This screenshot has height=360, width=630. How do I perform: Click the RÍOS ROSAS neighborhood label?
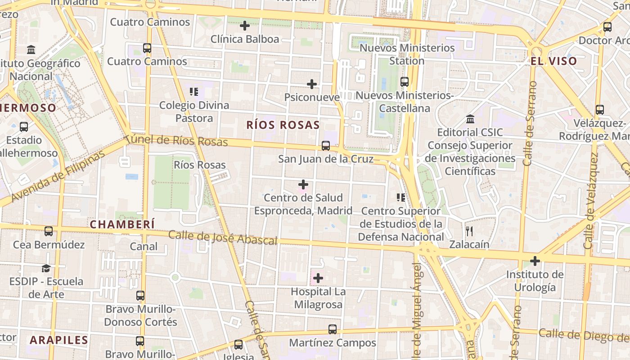pos(283,125)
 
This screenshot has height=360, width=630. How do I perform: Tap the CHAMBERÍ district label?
pos(122,224)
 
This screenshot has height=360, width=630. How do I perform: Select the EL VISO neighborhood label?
pos(553,61)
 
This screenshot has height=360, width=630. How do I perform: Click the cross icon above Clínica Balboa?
pos(245,26)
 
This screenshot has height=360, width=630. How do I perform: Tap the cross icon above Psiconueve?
pos(312,84)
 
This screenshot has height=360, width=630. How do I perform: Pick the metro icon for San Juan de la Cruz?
pos(326,146)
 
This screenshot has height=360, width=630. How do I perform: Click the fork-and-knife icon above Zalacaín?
pos(469,231)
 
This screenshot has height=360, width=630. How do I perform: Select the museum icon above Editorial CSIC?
pos(470,119)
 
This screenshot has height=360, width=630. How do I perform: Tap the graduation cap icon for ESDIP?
pos(46,269)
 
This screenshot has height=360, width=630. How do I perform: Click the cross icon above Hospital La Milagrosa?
pos(318,278)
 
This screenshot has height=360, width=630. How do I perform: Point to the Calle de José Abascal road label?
pos(223,238)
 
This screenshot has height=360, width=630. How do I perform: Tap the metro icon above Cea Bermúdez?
pos(49,231)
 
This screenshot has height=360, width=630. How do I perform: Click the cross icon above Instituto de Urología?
pos(535,261)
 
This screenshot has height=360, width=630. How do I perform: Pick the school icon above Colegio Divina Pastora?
pos(194,92)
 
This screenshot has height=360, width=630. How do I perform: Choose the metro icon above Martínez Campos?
pos(332,329)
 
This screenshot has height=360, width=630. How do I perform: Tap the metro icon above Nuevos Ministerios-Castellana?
pos(404,82)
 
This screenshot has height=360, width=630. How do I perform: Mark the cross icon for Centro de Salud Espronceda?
pos(303,184)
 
